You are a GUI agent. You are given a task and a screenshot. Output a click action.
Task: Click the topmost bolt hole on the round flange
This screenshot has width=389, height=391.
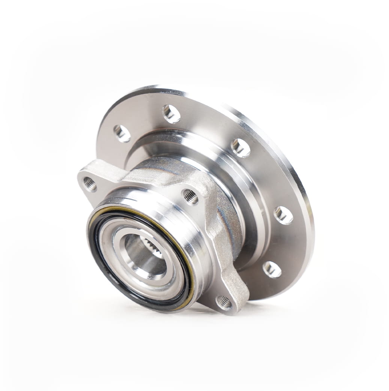click(x=171, y=114)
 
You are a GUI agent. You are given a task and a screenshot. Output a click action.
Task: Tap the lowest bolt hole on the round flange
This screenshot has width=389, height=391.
click(x=272, y=269)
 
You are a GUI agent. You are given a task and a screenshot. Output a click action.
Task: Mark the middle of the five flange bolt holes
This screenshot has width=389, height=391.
click(x=240, y=148)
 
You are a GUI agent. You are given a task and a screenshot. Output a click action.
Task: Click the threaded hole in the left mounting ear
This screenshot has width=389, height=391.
click(x=90, y=184)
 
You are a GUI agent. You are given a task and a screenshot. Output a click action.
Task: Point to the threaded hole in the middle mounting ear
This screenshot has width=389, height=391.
click(x=191, y=197)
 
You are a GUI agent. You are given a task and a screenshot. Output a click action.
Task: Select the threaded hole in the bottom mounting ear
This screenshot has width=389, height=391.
click(x=224, y=302)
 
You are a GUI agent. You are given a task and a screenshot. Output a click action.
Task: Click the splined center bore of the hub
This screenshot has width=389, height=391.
click(x=144, y=255)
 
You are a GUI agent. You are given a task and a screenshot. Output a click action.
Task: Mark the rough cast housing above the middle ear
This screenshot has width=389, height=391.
click(x=165, y=169)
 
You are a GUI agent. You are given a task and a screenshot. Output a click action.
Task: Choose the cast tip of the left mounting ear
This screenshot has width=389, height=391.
click(x=83, y=176)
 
